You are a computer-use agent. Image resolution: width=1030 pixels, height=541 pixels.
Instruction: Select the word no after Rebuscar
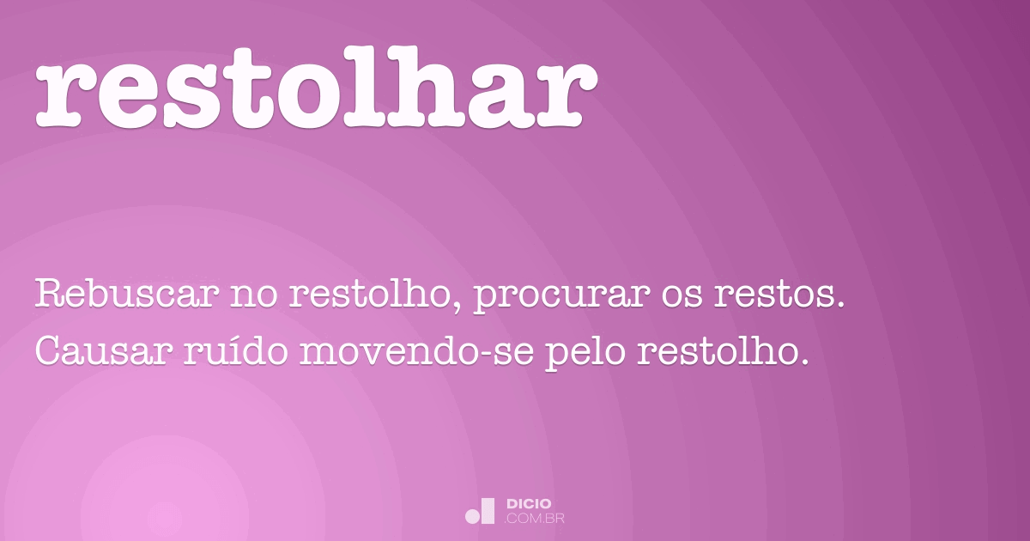tap(249, 296)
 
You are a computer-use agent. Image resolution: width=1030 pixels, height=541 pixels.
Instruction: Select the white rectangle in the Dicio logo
tap(488, 510)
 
